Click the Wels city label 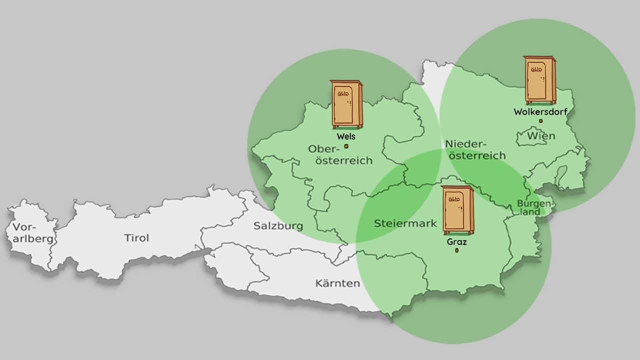pos(346,136)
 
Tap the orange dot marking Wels pos(346,146)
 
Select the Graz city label pos(456,241)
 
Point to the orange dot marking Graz pos(456,250)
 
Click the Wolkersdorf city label pos(540,112)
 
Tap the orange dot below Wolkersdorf pos(540,121)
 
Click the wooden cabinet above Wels pos(346,104)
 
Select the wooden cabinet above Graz pos(457,210)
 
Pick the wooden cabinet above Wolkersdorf pos(540,80)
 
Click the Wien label pos(541,136)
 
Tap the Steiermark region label pos(405,223)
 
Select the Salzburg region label pos(278,226)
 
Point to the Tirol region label pos(136,238)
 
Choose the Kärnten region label pos(337,283)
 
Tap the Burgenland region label pos(535,207)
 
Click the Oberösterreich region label pos(340,154)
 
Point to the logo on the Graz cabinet pos(454,199)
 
